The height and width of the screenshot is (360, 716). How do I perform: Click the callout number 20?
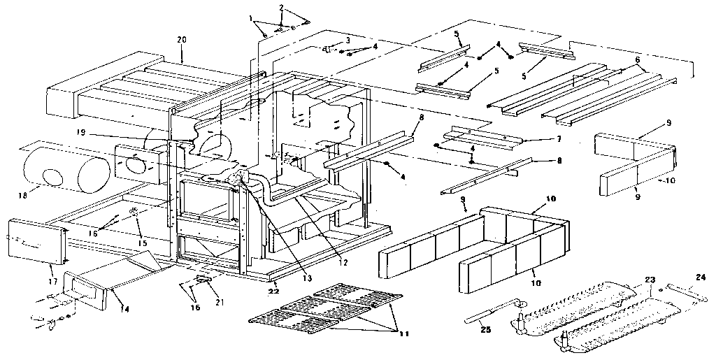182,39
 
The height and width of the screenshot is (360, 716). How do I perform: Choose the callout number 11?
404,335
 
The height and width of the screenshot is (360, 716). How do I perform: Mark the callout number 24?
701,277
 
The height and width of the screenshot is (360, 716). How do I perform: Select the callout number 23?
651,280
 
